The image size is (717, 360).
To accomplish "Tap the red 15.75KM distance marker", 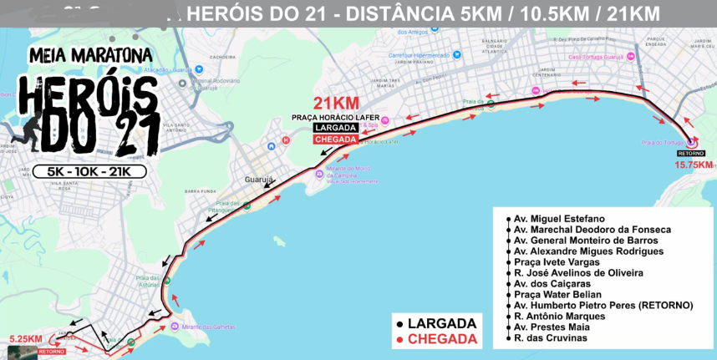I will click(693, 165).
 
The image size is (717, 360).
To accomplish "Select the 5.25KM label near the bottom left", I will click(25, 338).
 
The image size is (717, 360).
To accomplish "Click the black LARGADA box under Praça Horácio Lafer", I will click(335, 128).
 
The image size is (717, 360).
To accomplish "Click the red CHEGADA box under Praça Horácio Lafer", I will click(335, 139).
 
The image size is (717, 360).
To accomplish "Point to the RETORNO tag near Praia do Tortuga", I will click(691, 154).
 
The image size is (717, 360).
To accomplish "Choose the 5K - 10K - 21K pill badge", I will click(90, 171).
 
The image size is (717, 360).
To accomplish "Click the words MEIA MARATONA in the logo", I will click(90, 56).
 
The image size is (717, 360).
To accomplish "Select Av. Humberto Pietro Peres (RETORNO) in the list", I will click(603, 306).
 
